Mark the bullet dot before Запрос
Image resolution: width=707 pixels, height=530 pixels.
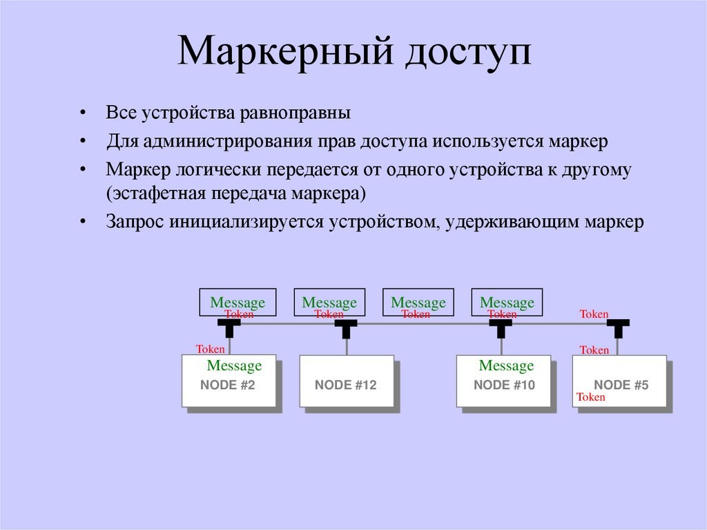point(83,222)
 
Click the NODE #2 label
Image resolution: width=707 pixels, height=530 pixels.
point(228,386)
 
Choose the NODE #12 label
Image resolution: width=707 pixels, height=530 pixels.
point(346,386)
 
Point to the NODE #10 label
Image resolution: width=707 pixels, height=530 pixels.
point(505,386)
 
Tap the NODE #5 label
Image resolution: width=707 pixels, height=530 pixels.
point(621,386)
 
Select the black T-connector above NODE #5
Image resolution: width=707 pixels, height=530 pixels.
point(619,327)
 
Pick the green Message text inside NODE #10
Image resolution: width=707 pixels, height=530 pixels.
point(506,366)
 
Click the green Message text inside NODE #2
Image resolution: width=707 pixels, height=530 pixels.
point(234,366)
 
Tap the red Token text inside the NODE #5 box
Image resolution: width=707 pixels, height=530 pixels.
point(591,397)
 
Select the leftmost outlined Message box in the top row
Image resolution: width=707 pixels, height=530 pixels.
point(238,302)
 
